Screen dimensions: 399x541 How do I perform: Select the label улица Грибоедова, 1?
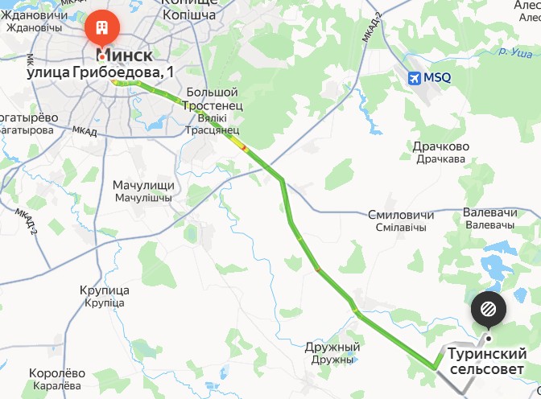pyautogui.click(x=101, y=72)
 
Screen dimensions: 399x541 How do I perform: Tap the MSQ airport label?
pyautogui.click(x=438, y=78)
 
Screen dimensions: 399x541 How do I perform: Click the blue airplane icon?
pyautogui.click(x=415, y=78)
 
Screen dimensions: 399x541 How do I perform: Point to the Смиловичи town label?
pyautogui.click(x=400, y=216)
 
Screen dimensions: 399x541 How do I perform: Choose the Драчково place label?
pyautogui.click(x=440, y=147)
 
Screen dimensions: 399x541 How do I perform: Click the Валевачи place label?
pyautogui.click(x=489, y=212)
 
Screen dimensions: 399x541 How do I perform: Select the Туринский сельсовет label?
pyautogui.click(x=488, y=361)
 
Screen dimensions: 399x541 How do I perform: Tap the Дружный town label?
pyautogui.click(x=332, y=348)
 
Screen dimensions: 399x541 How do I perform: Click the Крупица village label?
pyautogui.click(x=105, y=290)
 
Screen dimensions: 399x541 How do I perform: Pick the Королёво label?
pyautogui.click(x=56, y=373)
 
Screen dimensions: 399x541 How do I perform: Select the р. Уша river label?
pyautogui.click(x=514, y=53)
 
